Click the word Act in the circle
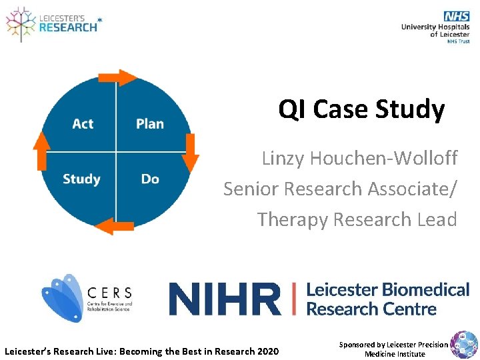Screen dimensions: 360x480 click(x=83, y=124)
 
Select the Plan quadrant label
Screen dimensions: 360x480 click(x=150, y=124)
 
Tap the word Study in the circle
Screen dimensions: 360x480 click(x=81, y=179)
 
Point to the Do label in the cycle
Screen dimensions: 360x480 click(x=150, y=179)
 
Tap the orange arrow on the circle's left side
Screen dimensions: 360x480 click(x=42, y=150)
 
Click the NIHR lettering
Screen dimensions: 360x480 click(x=225, y=299)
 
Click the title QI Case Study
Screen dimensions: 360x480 click(x=361, y=109)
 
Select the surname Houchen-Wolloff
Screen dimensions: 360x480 click(x=387, y=159)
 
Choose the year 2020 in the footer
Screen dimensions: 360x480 click(x=267, y=351)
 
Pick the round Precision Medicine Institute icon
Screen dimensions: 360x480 click(x=464, y=345)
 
